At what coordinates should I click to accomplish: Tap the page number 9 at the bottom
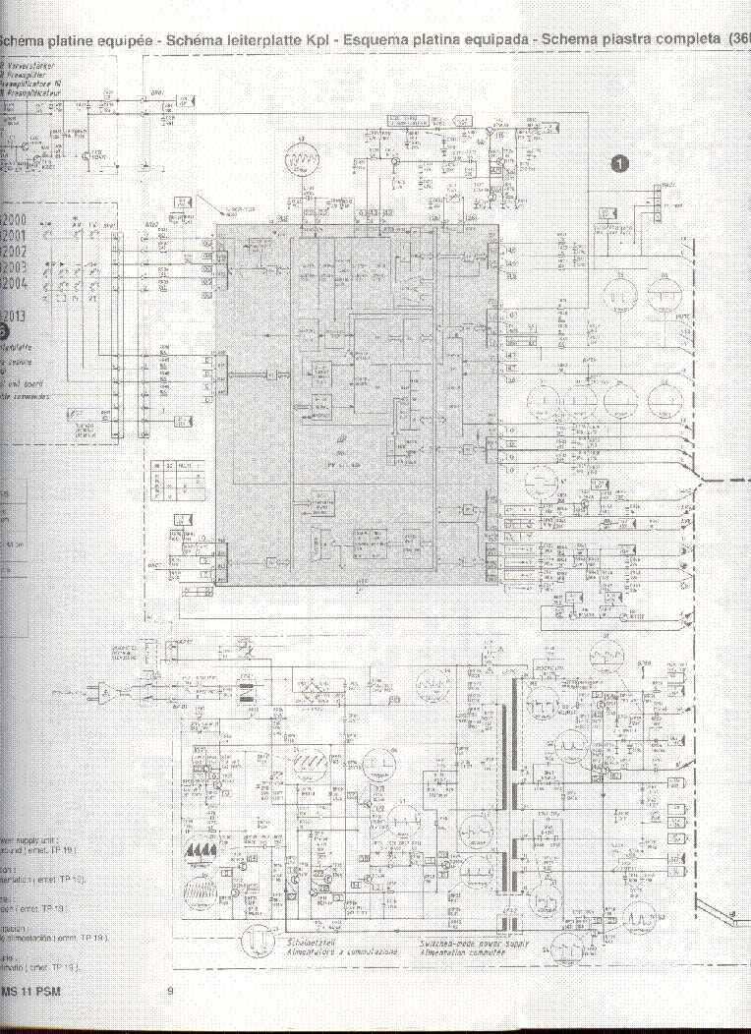[x=170, y=992]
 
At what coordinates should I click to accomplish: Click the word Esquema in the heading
[x=396, y=40]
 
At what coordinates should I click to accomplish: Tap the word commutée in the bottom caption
[x=497, y=952]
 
